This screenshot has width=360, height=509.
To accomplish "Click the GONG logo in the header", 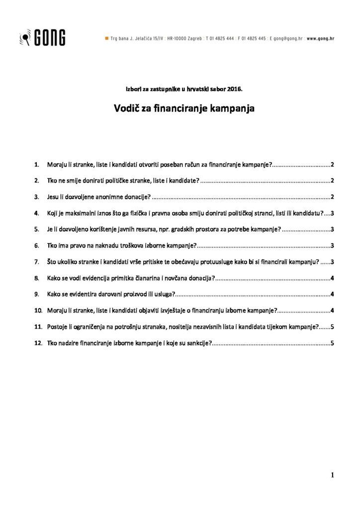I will click(42, 37).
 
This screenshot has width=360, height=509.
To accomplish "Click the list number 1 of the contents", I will click(36, 165).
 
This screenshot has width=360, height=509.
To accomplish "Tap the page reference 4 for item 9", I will click(332, 294).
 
